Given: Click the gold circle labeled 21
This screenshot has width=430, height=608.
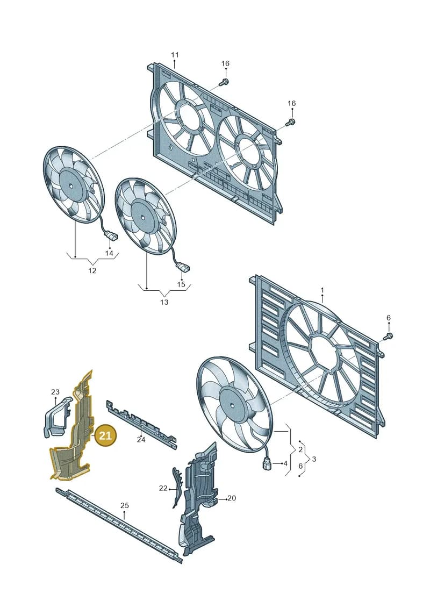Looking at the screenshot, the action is tap(105, 435).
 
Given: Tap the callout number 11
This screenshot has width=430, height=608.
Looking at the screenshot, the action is tap(175, 55).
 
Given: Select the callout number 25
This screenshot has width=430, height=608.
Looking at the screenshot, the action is tap(124, 505).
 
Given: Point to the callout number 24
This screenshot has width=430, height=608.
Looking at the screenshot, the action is tap(141, 440).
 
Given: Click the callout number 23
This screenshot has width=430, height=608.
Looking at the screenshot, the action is tap(55, 392).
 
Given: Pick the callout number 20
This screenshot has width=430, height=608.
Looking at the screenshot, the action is tap(232, 498).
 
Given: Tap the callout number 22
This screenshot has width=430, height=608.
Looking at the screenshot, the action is tap(163, 488).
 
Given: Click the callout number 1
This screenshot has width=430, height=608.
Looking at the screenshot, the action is tap(322, 290).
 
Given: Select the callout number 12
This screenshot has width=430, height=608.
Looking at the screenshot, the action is tap(92, 270).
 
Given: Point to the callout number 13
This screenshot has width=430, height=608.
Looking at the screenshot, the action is tap(164, 302).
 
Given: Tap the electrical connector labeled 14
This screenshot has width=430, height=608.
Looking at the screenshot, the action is tap(109, 235).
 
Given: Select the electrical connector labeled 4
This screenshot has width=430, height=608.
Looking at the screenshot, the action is tap(267, 463).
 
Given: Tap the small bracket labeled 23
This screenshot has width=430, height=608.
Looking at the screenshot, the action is tap(56, 418).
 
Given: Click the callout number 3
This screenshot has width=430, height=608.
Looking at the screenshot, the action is tap(314, 459).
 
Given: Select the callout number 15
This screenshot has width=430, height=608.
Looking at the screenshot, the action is tap(181, 284).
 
